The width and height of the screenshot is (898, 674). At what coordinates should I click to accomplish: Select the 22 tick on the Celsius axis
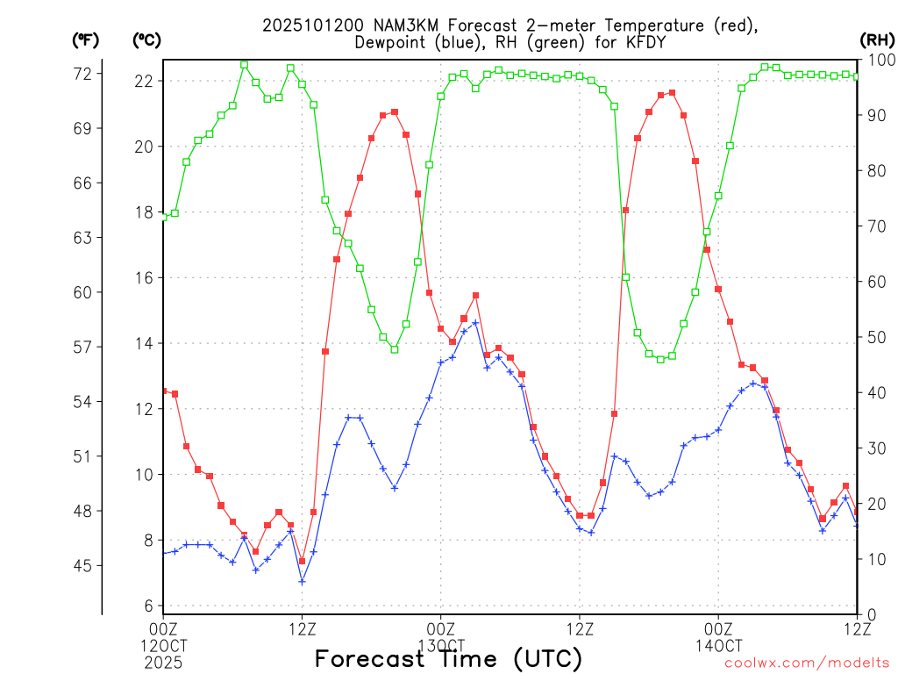pos(143,81)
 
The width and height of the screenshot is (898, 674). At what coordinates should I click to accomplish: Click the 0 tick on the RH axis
pos(871,614)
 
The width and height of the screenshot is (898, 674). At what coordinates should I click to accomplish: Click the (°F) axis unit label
pos(85,39)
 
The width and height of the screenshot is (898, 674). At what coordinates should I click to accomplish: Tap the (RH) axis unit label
pos(877,39)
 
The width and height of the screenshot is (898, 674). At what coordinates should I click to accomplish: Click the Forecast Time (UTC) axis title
pos(448,658)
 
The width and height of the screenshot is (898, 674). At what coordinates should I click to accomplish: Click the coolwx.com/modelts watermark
pos(807,663)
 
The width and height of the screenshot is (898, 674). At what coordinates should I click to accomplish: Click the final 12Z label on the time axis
pos(857,627)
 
